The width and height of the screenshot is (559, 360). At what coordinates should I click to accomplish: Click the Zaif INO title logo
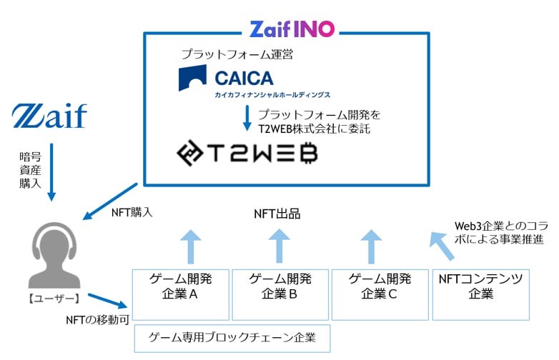(x=292, y=29)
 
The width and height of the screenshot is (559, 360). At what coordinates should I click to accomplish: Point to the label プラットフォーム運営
(x=227, y=54)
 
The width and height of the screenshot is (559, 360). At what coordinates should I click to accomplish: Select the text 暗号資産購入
(x=30, y=169)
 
